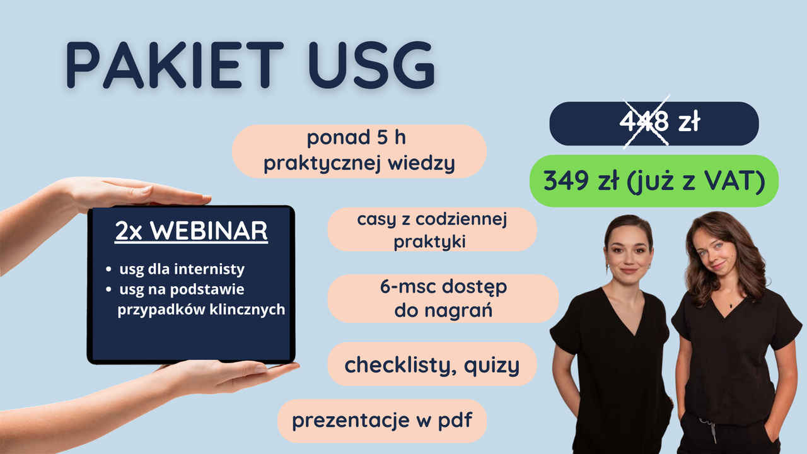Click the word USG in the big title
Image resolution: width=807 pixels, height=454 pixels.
tap(372, 65)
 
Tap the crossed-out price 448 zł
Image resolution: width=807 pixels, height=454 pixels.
tap(659, 122)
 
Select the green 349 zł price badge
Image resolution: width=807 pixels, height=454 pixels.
tap(654, 181)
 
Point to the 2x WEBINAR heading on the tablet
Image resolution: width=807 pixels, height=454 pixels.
tap(191, 231)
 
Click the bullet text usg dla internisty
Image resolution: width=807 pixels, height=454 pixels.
tap(182, 269)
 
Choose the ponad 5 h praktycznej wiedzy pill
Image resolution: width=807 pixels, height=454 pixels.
tap(359, 151)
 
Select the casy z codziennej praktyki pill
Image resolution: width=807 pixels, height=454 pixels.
tap(432, 229)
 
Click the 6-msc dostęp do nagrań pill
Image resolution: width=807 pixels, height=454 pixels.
tap(443, 298)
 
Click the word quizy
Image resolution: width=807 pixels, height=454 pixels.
tap(491, 366)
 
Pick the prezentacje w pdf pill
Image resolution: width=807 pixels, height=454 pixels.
tap(382, 421)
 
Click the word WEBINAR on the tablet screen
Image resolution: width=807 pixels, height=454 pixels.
tap(209, 231)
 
